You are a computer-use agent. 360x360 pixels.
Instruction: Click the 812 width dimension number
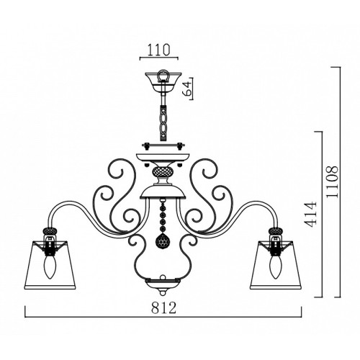coord(163,307)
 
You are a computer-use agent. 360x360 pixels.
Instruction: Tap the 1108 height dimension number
coord(333,181)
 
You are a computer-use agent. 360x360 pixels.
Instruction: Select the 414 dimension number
coord(311,215)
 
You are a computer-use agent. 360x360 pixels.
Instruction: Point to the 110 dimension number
coord(158,50)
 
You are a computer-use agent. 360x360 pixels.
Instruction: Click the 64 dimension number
coord(187,88)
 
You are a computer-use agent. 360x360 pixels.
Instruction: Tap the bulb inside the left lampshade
coord(50,268)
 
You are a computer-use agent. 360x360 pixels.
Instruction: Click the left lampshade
coord(50,264)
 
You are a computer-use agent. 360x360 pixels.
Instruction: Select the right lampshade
coord(276,264)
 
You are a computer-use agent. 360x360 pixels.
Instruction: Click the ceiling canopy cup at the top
coord(163,81)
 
